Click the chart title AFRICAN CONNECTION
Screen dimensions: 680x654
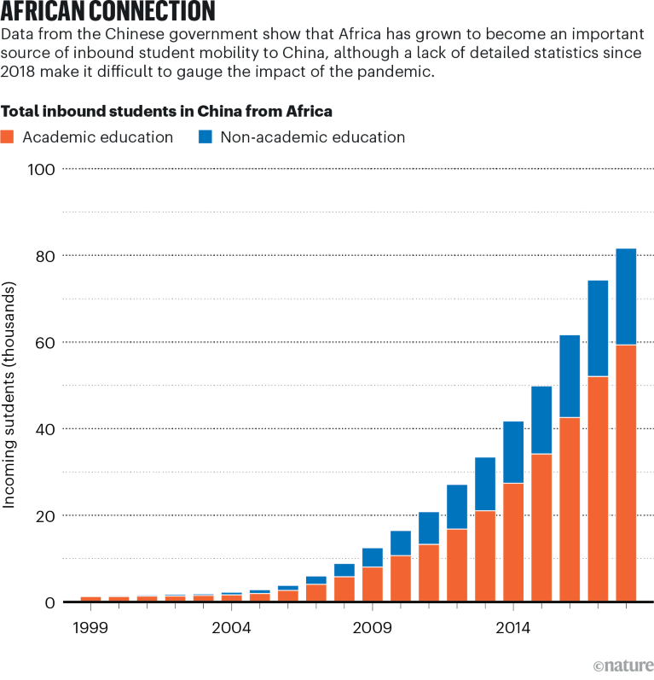(107, 12)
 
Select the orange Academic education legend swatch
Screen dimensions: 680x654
(8, 137)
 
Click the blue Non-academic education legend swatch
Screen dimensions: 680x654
(205, 137)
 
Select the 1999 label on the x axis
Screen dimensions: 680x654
(90, 629)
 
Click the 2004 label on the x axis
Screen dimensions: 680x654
(231, 629)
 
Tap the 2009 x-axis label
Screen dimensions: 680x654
(373, 629)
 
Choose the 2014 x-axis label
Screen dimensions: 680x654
(513, 629)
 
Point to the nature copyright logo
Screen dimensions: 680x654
(622, 665)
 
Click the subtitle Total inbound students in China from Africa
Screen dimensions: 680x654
(167, 111)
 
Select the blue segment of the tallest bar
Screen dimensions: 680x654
(626, 296)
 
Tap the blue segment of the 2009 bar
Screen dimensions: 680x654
(373, 557)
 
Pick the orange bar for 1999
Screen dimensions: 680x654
(90, 599)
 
